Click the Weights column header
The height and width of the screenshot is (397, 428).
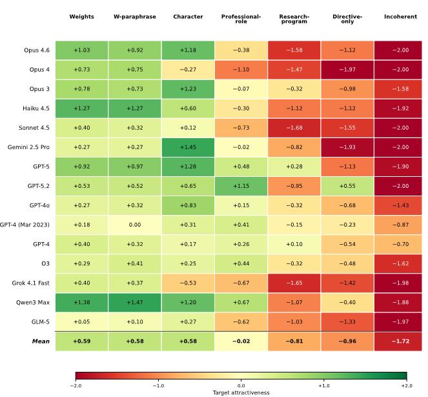(81, 17)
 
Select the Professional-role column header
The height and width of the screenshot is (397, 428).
(241, 19)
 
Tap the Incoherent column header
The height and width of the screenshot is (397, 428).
(400, 17)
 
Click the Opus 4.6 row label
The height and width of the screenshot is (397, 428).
(37, 50)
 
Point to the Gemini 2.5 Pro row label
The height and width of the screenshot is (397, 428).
(28, 147)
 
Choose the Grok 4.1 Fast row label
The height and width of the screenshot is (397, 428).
(31, 283)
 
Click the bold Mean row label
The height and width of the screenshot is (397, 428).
(41, 341)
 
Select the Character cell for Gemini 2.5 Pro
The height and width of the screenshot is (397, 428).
(188, 147)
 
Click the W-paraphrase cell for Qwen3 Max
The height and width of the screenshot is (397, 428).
(135, 303)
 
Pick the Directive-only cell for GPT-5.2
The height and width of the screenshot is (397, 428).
(347, 186)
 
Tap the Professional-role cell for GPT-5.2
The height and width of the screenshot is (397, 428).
(241, 186)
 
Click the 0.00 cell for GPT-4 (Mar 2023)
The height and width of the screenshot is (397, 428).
(135, 225)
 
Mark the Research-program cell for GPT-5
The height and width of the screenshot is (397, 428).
(294, 167)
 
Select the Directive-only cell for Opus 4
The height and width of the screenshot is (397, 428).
(347, 70)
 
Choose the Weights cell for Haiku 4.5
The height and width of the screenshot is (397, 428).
(81, 108)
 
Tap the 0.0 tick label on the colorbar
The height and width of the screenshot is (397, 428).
(241, 386)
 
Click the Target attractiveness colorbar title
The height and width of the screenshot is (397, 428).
(241, 392)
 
